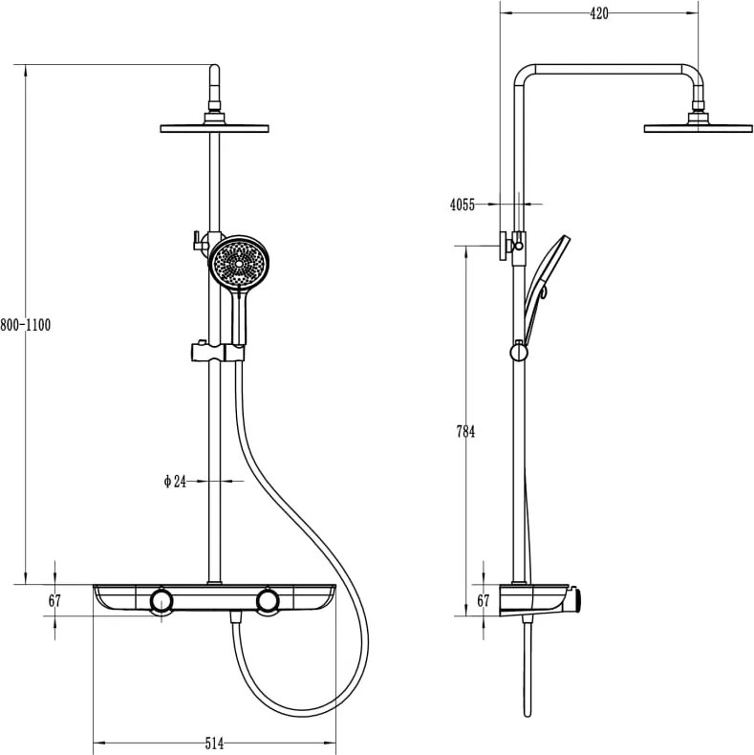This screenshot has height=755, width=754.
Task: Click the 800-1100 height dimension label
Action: click(x=25, y=325)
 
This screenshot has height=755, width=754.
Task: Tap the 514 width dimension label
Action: click(x=214, y=744)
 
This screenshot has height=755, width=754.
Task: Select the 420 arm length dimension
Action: click(x=599, y=13)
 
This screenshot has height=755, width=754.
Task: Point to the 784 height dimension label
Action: click(x=465, y=432)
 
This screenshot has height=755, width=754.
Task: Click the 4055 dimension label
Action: click(x=463, y=205)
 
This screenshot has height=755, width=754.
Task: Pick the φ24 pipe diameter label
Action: click(x=175, y=481)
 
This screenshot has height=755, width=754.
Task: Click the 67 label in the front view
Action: click(x=54, y=601)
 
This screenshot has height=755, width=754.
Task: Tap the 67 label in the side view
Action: click(x=483, y=601)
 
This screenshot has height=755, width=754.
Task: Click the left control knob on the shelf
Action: click(x=162, y=601)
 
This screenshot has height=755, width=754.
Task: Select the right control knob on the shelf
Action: click(x=268, y=601)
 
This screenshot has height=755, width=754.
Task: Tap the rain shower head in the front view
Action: click(x=214, y=129)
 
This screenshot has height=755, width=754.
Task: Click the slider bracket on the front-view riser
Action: click(x=218, y=352)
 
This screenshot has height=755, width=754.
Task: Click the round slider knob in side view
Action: click(x=519, y=353)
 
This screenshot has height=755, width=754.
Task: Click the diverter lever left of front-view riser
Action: click(x=197, y=241)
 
